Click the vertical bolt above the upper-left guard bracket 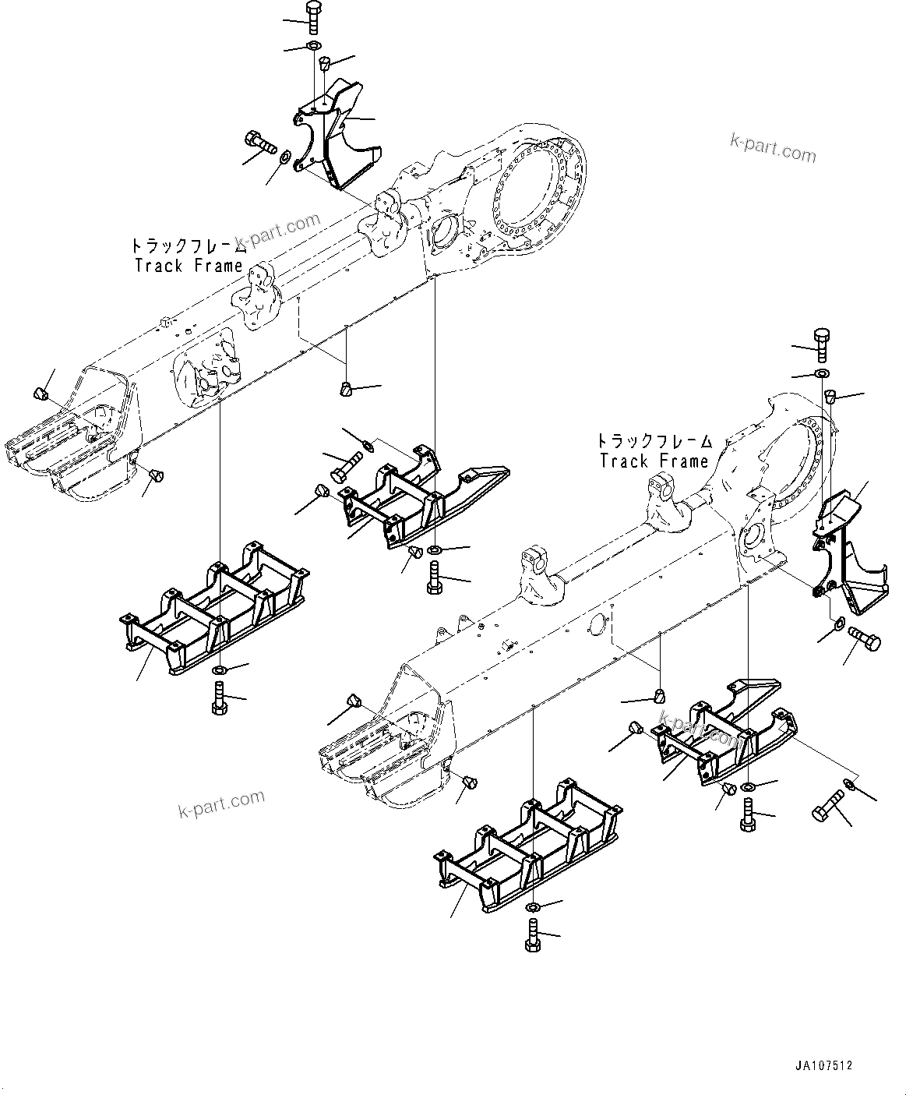click(x=312, y=17)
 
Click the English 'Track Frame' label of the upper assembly click(x=189, y=266)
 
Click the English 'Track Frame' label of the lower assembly click(x=654, y=461)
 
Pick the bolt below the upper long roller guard click(x=218, y=697)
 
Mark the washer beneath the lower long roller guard click(x=532, y=908)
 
